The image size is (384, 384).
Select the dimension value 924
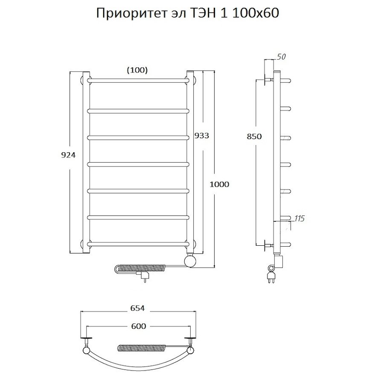click(x=68, y=155)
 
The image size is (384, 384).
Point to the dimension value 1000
click(x=220, y=184)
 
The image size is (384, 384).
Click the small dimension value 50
click(x=281, y=57)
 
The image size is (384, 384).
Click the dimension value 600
click(x=139, y=326)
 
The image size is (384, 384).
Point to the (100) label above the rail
click(x=137, y=70)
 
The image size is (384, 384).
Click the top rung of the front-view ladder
click(x=139, y=80)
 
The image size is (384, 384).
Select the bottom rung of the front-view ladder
click(x=139, y=244)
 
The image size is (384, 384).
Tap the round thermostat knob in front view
click(x=190, y=260)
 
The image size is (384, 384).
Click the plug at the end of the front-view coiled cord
click(x=145, y=278)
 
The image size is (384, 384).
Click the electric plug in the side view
click(x=271, y=279)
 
